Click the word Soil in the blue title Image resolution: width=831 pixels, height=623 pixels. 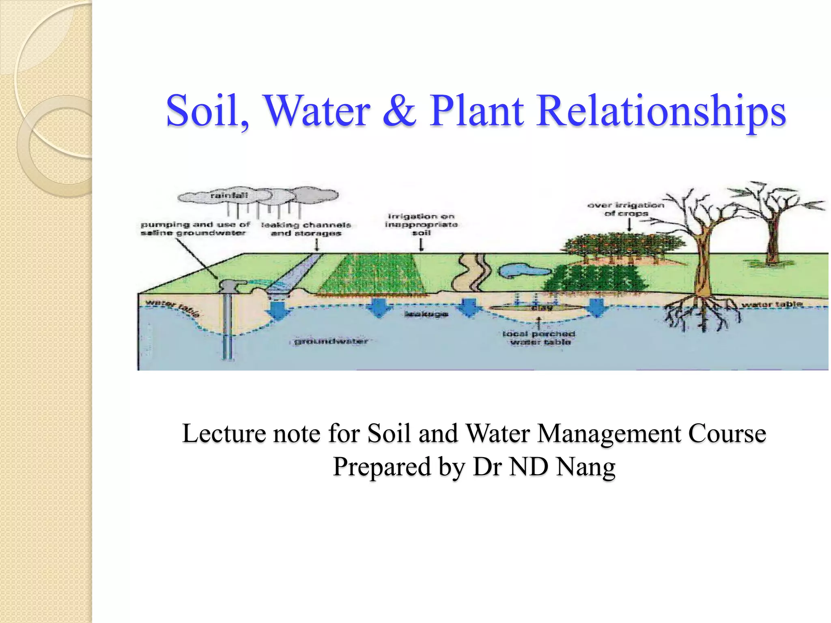(207, 111)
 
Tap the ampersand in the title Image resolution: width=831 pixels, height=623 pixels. (399, 111)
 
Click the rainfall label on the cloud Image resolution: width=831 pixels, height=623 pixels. (229, 195)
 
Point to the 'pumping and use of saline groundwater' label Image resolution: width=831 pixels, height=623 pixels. (195, 228)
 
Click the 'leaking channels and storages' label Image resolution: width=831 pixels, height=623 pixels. (306, 229)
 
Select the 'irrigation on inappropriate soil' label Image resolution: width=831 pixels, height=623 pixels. (421, 224)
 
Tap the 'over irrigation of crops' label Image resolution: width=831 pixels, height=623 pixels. (626, 209)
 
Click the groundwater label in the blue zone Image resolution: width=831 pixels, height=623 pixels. (331, 341)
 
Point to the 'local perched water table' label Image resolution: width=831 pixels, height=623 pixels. (539, 338)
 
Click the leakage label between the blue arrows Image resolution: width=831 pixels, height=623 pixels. (426, 314)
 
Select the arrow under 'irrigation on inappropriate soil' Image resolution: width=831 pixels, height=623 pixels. (421, 245)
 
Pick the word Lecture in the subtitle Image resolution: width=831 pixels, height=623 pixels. (224, 433)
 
